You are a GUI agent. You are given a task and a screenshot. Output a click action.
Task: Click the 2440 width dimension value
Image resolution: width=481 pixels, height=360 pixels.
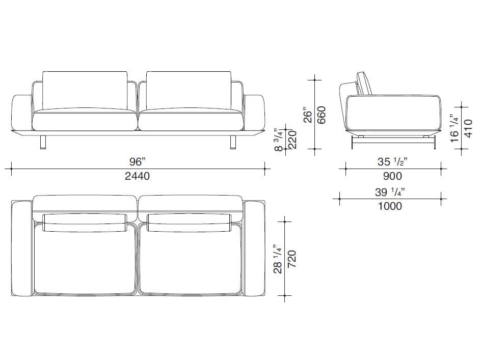[x=137, y=176]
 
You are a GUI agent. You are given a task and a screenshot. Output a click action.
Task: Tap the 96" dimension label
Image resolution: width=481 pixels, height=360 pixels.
[x=137, y=161]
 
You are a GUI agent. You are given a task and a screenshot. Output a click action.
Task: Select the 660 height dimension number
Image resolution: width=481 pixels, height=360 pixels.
[x=321, y=115]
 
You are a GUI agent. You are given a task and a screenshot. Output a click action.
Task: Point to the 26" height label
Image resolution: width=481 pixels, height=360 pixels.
[x=308, y=115]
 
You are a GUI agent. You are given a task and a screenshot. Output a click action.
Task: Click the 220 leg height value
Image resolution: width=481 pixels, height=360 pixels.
[x=293, y=140]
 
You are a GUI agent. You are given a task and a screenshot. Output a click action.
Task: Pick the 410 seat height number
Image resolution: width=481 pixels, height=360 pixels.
[x=468, y=128]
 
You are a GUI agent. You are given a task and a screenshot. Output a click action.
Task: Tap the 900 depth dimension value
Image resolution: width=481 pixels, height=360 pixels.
[x=392, y=176]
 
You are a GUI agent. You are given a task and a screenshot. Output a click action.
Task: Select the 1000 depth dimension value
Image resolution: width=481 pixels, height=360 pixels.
[x=390, y=206]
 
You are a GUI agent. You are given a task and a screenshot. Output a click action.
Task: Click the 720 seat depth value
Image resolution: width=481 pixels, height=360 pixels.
[x=292, y=259]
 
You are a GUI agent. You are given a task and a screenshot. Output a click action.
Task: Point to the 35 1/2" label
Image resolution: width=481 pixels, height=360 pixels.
[x=393, y=161]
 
